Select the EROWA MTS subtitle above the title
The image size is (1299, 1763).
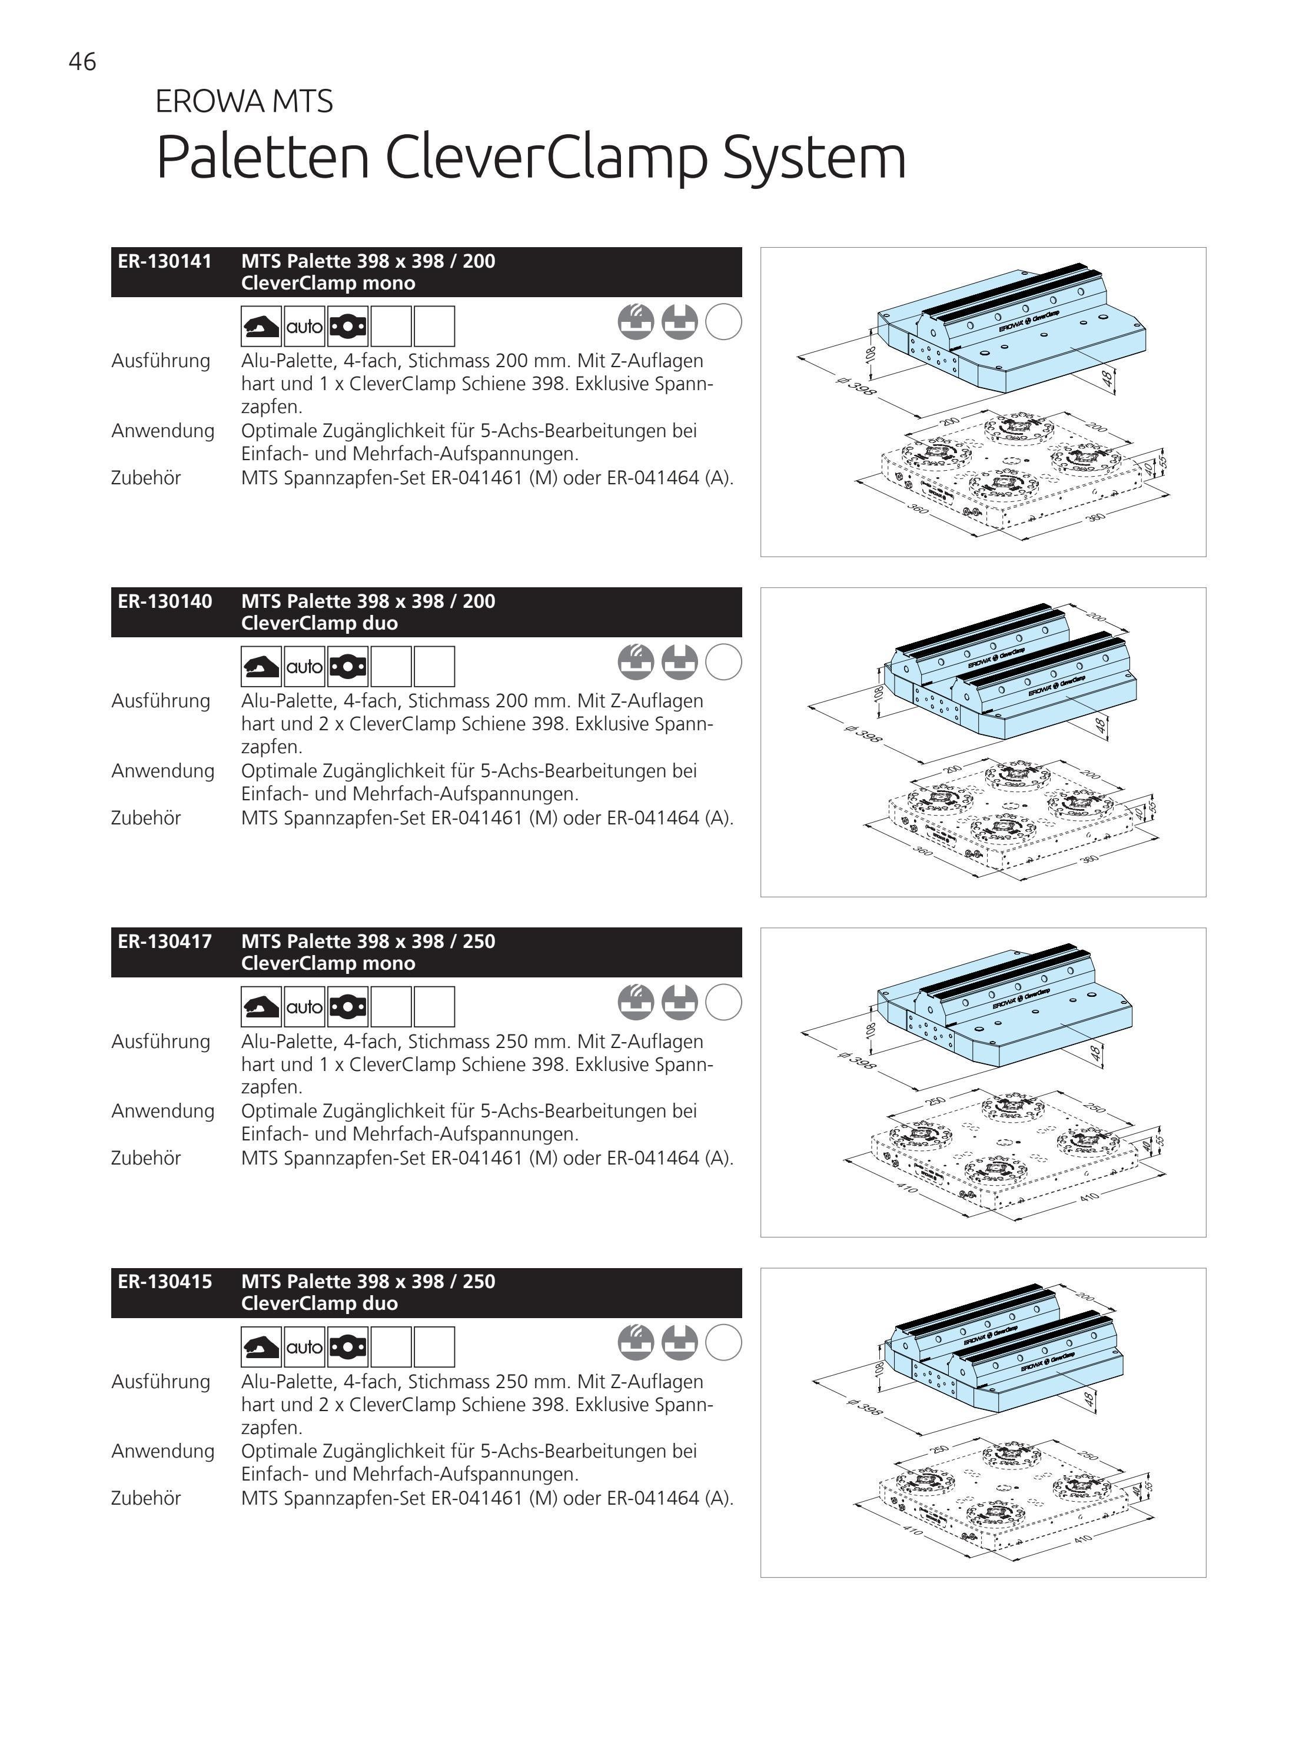point(244,101)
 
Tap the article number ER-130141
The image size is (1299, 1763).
point(165,261)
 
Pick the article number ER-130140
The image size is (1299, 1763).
point(165,601)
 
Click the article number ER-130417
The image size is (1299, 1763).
point(165,942)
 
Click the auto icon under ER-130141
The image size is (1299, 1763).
point(304,326)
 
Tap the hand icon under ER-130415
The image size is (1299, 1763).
point(261,1347)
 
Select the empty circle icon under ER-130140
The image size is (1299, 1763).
point(723,662)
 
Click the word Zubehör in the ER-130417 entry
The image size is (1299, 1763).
point(146,1158)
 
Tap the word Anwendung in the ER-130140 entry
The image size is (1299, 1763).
point(163,771)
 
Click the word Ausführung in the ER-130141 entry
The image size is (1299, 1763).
point(161,361)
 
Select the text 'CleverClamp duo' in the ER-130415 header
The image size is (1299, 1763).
point(319,1303)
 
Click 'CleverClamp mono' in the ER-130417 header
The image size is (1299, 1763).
point(328,964)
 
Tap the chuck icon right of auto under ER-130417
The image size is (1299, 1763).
point(347,1007)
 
